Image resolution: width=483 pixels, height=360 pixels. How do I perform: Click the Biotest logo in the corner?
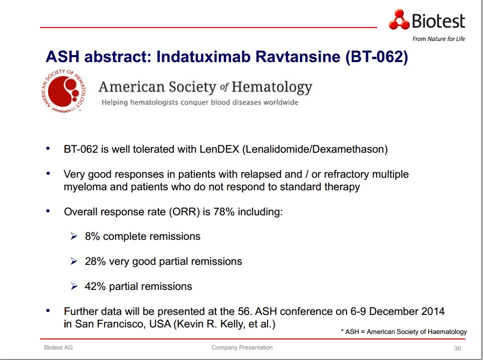[427, 20]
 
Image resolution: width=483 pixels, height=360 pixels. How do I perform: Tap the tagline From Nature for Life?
[438, 39]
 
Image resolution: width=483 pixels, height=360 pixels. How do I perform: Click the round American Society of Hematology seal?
[64, 91]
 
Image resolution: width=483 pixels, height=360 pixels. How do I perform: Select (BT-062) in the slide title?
[377, 57]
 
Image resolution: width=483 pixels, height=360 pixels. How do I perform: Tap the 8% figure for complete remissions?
[93, 236]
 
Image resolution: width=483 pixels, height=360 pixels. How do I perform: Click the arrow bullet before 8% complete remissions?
[74, 236]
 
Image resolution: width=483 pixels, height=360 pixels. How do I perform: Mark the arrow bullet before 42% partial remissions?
[74, 286]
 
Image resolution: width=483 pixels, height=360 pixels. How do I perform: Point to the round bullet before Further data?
[48, 311]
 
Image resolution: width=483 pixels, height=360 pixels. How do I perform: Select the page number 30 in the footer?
[457, 348]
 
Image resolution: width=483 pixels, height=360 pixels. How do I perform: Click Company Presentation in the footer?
[242, 347]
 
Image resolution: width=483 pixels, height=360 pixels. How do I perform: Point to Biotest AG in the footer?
[58, 347]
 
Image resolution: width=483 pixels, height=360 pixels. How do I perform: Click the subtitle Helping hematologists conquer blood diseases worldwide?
[199, 103]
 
